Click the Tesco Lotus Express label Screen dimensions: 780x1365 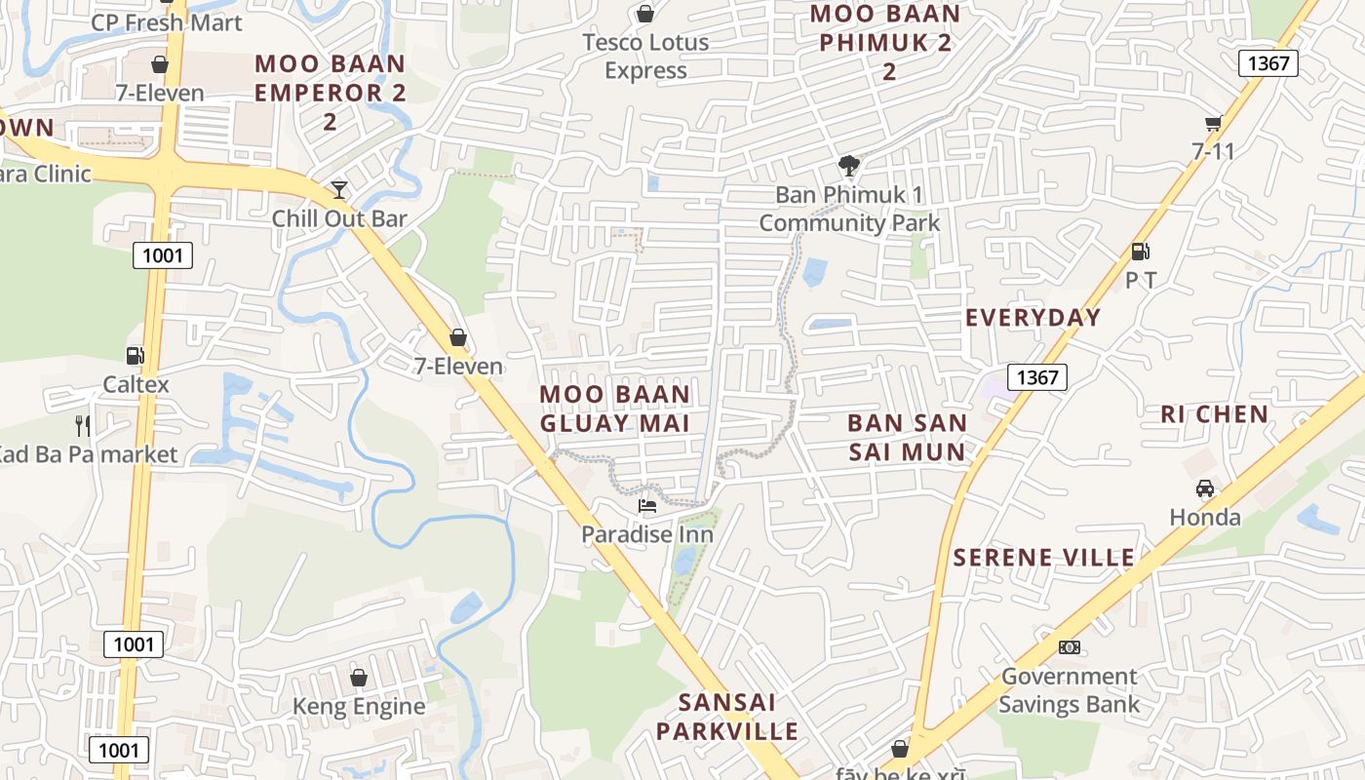(x=645, y=57)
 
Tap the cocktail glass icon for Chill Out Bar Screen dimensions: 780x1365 (x=338, y=189)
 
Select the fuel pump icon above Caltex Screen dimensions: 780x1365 (x=136, y=356)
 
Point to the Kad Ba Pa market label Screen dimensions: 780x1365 (x=87, y=454)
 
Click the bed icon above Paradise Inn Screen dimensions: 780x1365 (x=647, y=505)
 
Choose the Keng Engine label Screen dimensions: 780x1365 (x=359, y=707)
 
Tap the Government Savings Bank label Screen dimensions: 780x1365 (x=1069, y=690)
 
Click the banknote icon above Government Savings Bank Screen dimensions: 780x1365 (x=1070, y=647)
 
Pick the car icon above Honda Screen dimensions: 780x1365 (x=1205, y=488)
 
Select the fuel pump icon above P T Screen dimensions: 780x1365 (x=1140, y=252)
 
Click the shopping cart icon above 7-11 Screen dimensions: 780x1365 (x=1213, y=123)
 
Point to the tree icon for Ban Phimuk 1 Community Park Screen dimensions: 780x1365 (x=849, y=166)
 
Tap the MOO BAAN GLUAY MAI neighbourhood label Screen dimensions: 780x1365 (x=615, y=409)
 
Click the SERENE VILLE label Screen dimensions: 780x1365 (x=1043, y=558)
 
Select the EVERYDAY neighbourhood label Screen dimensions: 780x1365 (x=1033, y=318)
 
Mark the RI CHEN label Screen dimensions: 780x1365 (x=1214, y=414)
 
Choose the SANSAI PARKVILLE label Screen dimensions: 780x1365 (x=726, y=717)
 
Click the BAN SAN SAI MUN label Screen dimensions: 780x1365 (x=907, y=437)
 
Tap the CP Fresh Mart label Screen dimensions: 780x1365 (x=166, y=22)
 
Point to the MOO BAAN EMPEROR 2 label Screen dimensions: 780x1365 (x=330, y=93)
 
